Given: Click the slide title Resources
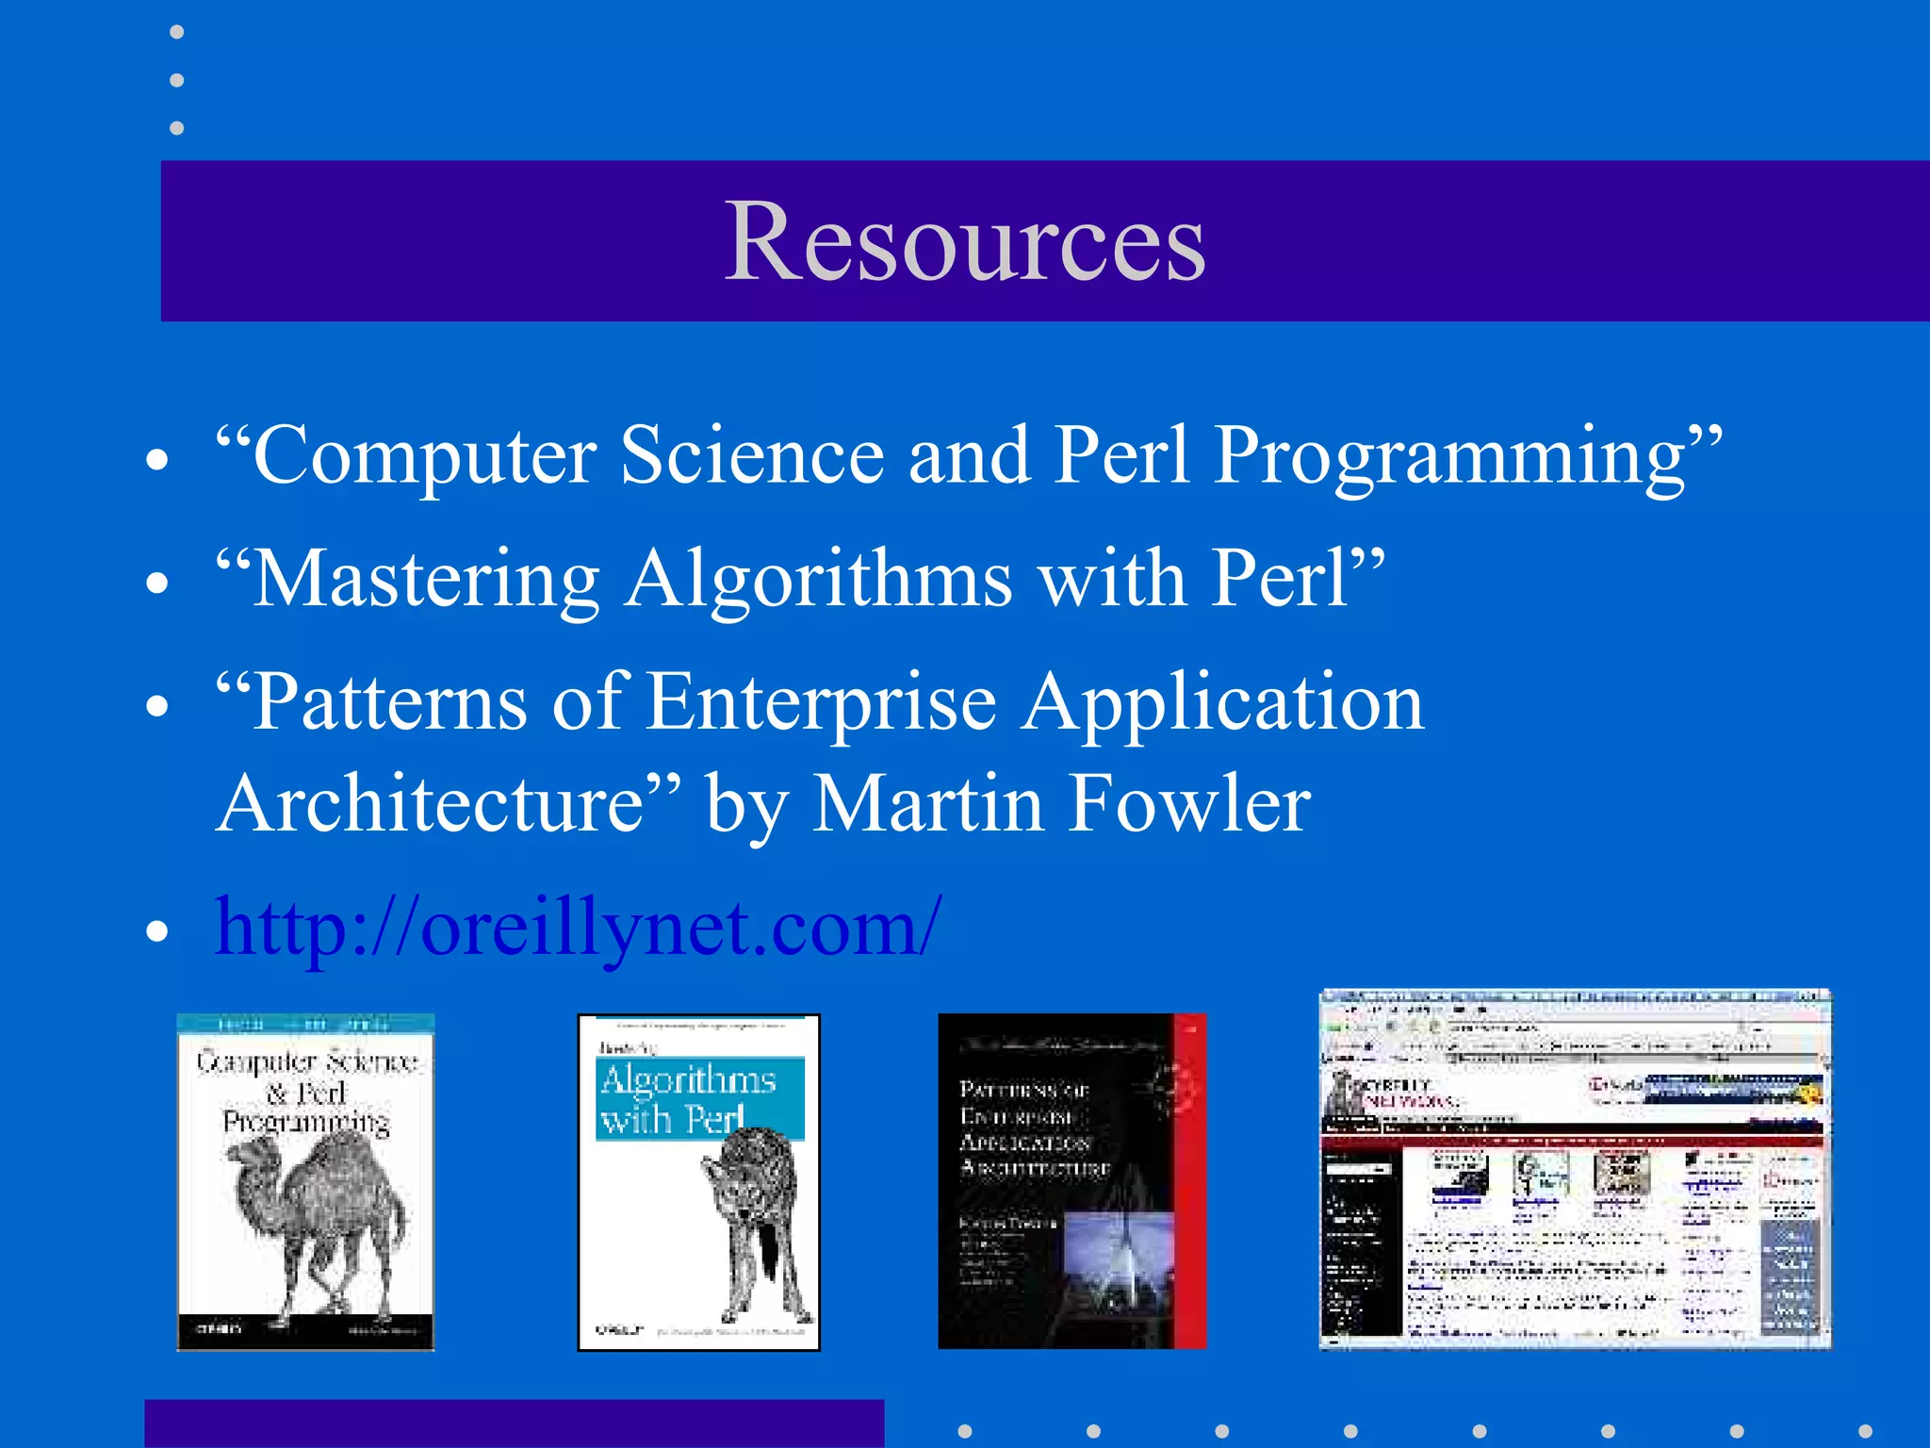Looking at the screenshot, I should [964, 241].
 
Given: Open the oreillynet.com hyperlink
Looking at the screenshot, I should [578, 928].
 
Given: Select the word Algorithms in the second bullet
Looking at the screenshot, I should [819, 580].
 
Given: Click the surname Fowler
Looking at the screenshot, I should [1190, 804].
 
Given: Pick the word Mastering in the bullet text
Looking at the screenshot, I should [427, 580].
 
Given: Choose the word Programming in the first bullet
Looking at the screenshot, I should [1449, 455].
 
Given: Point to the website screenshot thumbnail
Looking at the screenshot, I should [1574, 1170].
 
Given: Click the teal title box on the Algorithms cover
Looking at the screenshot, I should [698, 1098].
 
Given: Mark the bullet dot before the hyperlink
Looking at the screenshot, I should [157, 930].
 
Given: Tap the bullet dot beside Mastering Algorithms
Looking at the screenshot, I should [157, 583].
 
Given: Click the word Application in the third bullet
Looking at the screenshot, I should [1223, 703].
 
